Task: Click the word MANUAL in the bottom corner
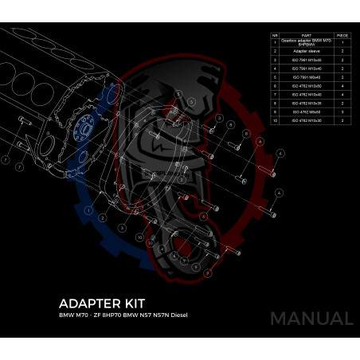[311, 319]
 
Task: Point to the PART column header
[307, 35]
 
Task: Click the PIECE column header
[342, 35]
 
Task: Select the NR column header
[275, 35]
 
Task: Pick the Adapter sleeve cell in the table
[307, 50]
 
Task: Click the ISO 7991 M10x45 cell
[307, 59]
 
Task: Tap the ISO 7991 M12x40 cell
[307, 68]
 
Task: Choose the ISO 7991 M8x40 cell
[307, 76]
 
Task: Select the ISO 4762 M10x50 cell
[307, 85]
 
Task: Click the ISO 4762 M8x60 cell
[307, 112]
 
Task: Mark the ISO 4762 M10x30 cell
[307, 120]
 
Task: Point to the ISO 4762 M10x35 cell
[307, 103]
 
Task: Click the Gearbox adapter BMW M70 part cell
[307, 42]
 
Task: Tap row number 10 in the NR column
[275, 120]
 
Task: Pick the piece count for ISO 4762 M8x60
[342, 112]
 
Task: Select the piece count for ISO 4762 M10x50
[342, 85]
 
